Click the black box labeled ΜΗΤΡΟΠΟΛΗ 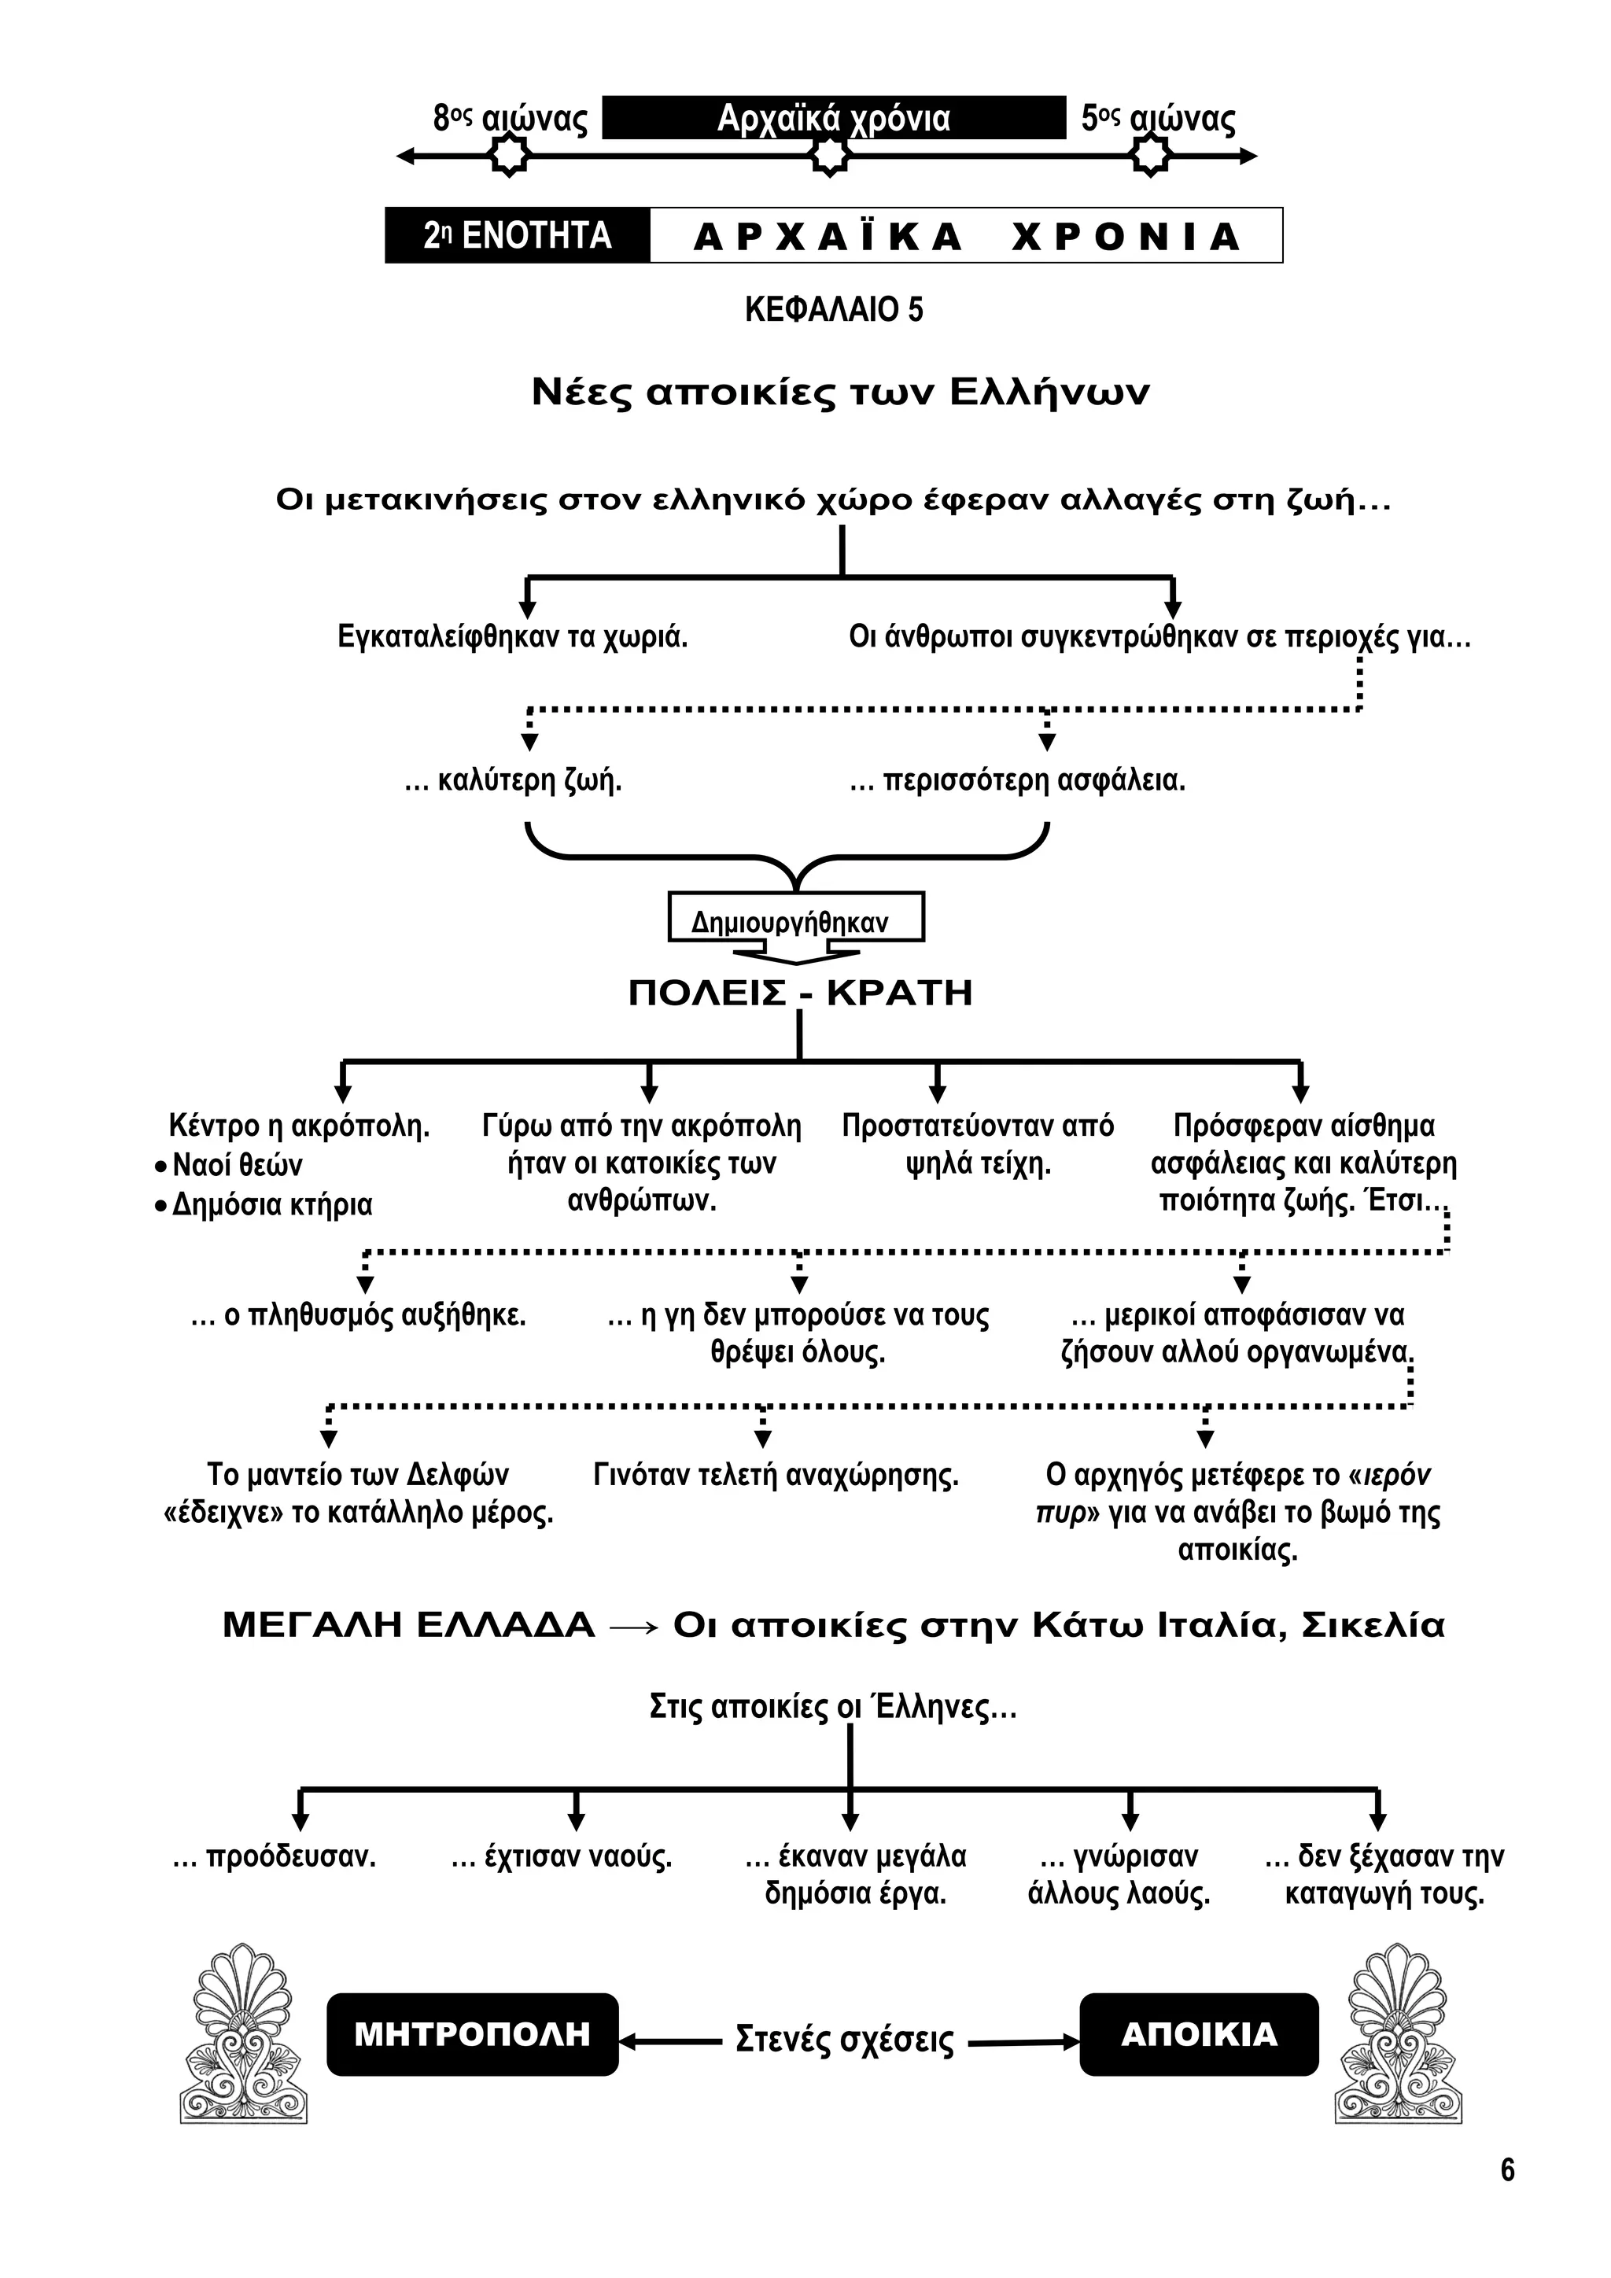click(x=472, y=2034)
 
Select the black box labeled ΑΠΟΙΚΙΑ click(x=1198, y=2034)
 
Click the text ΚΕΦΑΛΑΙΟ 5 click(x=833, y=310)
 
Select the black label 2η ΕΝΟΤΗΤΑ click(x=517, y=236)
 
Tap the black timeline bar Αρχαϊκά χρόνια click(x=833, y=118)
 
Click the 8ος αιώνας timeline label click(x=510, y=119)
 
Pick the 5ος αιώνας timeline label click(x=1158, y=119)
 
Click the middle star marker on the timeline click(x=829, y=156)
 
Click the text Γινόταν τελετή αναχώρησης click(x=776, y=1476)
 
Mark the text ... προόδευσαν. click(x=274, y=1856)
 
